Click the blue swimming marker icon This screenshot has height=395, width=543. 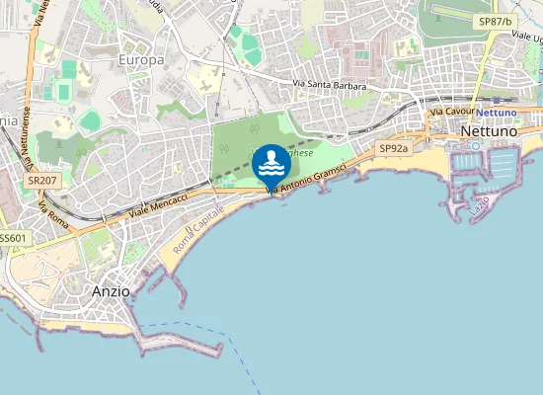tap(271, 163)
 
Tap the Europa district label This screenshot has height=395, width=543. tap(141, 60)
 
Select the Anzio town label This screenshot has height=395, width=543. tap(111, 291)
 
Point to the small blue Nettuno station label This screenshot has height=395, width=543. tap(497, 113)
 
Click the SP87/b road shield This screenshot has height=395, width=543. tap(495, 21)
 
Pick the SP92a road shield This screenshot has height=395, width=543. tap(393, 148)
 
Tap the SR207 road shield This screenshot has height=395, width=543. tap(41, 182)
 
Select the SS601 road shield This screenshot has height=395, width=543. tap(13, 238)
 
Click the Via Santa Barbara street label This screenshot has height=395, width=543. tap(330, 87)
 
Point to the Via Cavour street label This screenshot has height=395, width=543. tap(453, 113)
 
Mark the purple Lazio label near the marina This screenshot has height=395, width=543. tap(480, 207)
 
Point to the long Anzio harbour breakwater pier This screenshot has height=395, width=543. tap(178, 347)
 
